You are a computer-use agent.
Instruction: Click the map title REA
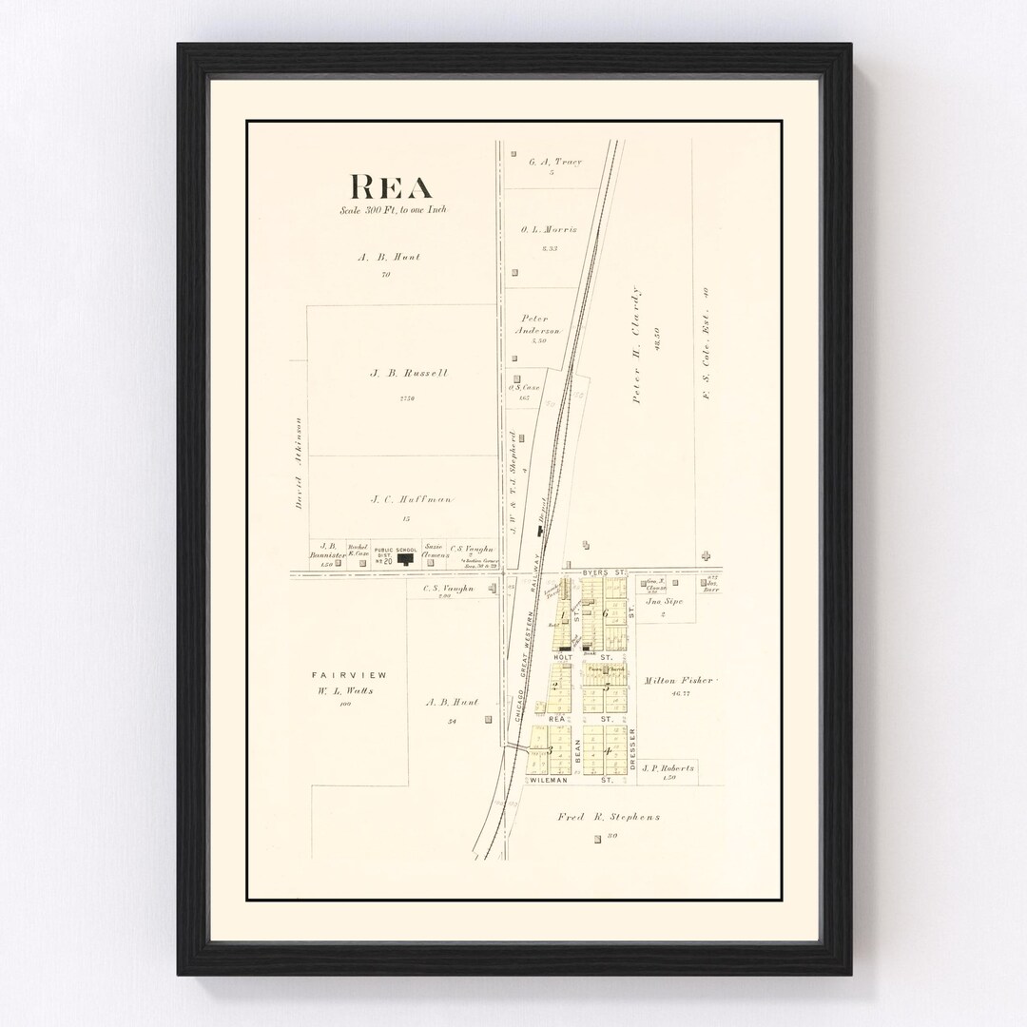coord(391,187)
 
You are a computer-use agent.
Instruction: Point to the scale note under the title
coord(392,210)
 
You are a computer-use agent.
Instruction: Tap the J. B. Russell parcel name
coord(409,374)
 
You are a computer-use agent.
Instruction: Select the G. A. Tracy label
coord(554,162)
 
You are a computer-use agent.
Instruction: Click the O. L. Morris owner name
coord(549,230)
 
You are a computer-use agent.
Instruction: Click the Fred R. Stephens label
coord(609,817)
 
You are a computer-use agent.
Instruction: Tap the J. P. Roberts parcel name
coord(668,767)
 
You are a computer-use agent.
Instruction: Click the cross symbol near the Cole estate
coord(705,555)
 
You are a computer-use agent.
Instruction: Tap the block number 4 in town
coord(607,751)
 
